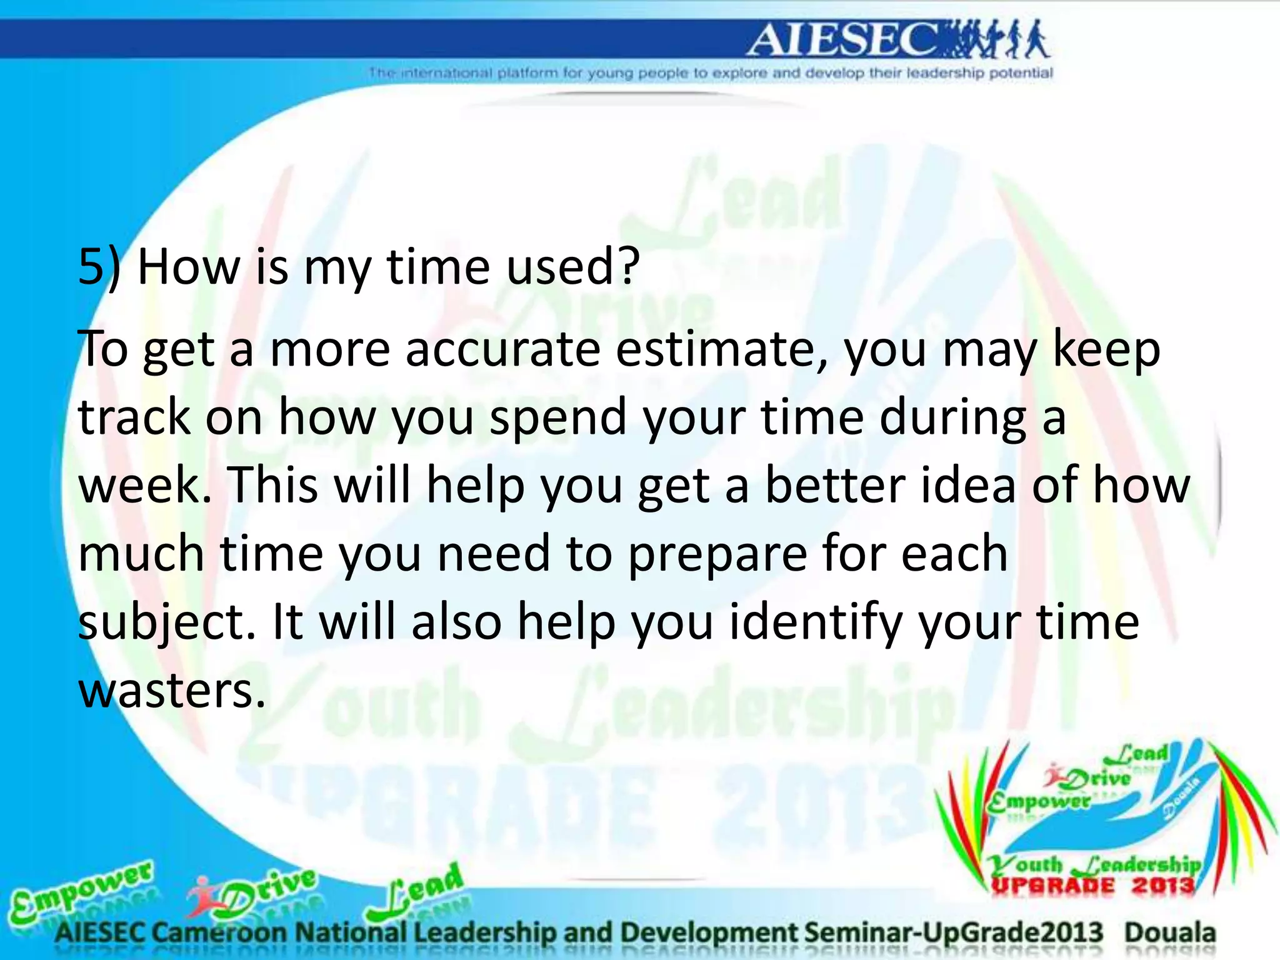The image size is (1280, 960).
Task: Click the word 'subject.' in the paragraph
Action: pyautogui.click(x=166, y=623)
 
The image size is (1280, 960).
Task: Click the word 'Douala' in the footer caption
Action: pyautogui.click(x=1170, y=932)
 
